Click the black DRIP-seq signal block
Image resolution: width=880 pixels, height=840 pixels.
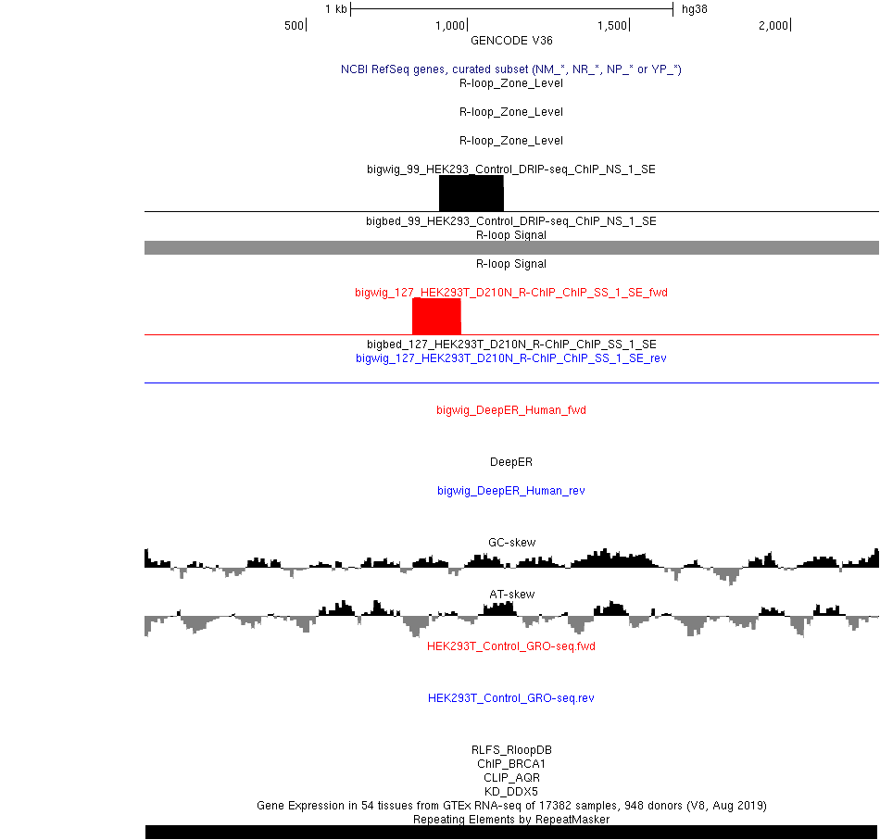pyautogui.click(x=471, y=193)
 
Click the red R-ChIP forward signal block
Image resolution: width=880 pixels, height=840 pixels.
pyautogui.click(x=436, y=317)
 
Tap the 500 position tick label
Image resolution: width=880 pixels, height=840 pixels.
pyautogui.click(x=294, y=26)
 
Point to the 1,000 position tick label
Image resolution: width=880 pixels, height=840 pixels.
pyautogui.click(x=450, y=26)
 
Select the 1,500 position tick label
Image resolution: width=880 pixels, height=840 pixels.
pyautogui.click(x=612, y=26)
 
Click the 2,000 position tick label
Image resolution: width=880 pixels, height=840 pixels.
pyautogui.click(x=773, y=26)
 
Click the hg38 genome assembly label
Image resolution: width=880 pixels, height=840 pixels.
pyautogui.click(x=694, y=9)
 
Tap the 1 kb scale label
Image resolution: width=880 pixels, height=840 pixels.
pyautogui.click(x=336, y=9)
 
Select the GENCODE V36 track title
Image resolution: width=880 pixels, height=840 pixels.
pyautogui.click(x=511, y=41)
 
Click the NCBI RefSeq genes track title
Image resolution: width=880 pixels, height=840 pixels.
pyautogui.click(x=511, y=69)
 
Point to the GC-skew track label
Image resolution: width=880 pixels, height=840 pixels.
pyautogui.click(x=512, y=543)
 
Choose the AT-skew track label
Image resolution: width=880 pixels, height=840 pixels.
pyautogui.click(x=512, y=595)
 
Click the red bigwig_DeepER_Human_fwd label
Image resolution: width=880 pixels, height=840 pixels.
pyautogui.click(x=511, y=410)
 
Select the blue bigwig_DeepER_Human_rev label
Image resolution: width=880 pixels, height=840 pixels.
pyautogui.click(x=511, y=491)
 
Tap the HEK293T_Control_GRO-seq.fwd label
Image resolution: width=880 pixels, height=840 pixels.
pyautogui.click(x=511, y=646)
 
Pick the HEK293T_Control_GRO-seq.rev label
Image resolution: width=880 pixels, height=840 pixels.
pyautogui.click(x=511, y=698)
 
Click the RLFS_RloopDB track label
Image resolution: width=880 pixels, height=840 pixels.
pyautogui.click(x=512, y=750)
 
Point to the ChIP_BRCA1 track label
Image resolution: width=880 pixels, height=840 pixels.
pyautogui.click(x=511, y=764)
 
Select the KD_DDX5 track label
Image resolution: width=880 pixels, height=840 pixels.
pyautogui.click(x=511, y=792)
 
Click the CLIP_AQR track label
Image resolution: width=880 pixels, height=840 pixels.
pyautogui.click(x=512, y=778)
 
